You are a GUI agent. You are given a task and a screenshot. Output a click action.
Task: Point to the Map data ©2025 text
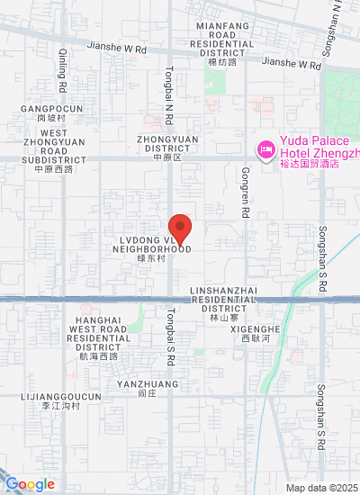[x=322, y=488]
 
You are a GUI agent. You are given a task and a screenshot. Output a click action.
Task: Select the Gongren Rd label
[x=245, y=199]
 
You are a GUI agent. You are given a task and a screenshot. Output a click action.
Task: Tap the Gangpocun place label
[x=52, y=112]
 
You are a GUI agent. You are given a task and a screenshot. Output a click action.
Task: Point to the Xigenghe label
[x=261, y=334]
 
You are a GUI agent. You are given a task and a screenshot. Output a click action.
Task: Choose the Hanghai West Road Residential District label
[x=99, y=337]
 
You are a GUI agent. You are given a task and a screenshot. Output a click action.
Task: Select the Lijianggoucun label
[x=61, y=400]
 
